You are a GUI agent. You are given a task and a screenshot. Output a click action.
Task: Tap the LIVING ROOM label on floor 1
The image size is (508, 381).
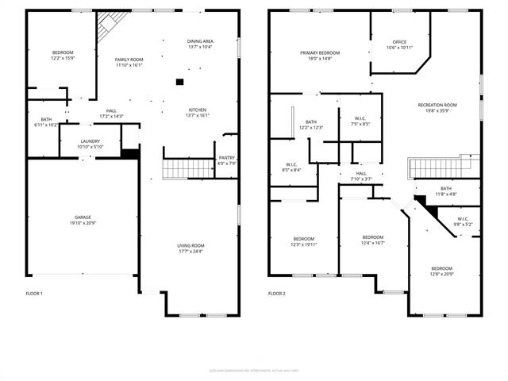point(190,245)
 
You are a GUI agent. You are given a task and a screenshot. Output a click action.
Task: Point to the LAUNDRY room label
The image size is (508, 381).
point(90,141)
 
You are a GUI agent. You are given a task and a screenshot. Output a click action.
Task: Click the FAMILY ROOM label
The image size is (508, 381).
point(129,60)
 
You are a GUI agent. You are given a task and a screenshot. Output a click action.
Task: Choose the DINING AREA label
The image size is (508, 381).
point(200,40)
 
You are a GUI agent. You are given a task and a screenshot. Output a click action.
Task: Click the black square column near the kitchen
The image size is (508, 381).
point(179,82)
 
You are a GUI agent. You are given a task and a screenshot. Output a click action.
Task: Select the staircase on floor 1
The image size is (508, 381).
point(178,169)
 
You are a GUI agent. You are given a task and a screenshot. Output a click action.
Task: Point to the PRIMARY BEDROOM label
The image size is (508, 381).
point(320,53)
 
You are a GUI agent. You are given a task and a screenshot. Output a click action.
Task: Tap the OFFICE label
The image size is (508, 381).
point(399,42)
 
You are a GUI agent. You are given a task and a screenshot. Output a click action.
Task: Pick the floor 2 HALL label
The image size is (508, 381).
point(361,173)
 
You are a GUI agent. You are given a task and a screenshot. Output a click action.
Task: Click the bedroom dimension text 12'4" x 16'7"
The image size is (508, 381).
point(373,243)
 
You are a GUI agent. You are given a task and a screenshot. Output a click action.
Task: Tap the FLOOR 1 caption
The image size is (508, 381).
point(34,294)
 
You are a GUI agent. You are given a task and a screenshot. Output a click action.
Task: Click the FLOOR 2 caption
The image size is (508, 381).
point(276,294)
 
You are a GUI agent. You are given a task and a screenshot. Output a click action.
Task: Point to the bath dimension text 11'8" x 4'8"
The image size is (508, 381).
point(445,194)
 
